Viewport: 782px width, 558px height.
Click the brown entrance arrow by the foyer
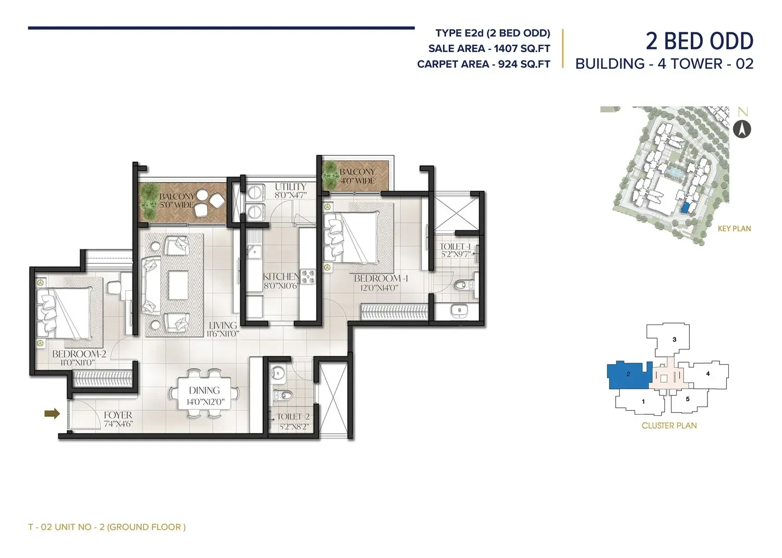tap(52, 414)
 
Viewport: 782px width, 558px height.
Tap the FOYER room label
tap(118, 415)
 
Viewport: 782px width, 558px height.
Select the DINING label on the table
tap(204, 390)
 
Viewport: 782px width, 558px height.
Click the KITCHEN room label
tap(281, 276)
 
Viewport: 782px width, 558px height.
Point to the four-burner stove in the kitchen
tap(308, 277)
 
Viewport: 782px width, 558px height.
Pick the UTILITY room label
tap(290, 187)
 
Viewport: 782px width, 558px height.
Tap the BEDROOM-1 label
tap(381, 278)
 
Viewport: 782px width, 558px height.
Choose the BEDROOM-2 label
tap(79, 354)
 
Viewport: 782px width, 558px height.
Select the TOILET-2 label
tap(293, 416)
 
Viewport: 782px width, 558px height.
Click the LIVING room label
tap(223, 325)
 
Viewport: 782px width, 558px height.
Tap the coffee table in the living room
tap(179, 285)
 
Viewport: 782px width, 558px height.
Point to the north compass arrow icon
tap(742, 129)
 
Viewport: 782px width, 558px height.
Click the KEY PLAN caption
tap(734, 229)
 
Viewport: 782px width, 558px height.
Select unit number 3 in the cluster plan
tap(675, 339)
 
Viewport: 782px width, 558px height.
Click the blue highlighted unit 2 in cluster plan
tap(628, 375)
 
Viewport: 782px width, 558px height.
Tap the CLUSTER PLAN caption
tap(669, 425)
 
